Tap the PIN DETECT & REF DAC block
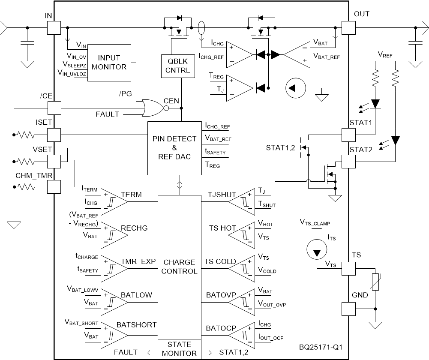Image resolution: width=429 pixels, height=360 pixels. pos(174,148)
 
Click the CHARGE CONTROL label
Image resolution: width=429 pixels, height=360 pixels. pos(180,267)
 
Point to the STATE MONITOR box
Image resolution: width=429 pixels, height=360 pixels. pos(180,349)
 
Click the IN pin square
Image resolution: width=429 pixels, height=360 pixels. pos(54,28)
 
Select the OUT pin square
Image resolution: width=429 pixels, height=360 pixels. pos(348,28)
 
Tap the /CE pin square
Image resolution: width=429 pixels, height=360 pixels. pos(54,108)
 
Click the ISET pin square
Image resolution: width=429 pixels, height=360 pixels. pos(54,135)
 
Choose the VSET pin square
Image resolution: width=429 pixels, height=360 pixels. pos(54,161)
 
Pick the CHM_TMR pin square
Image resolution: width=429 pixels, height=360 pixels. pos(54,187)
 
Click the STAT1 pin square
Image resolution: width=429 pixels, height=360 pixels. pos(348,135)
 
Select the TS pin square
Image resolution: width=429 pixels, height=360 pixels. pos(348,268)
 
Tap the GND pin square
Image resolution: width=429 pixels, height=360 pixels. pos(348,309)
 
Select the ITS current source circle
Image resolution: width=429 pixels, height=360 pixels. pos(316,250)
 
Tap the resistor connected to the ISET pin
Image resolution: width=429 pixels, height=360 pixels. pos(26,135)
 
